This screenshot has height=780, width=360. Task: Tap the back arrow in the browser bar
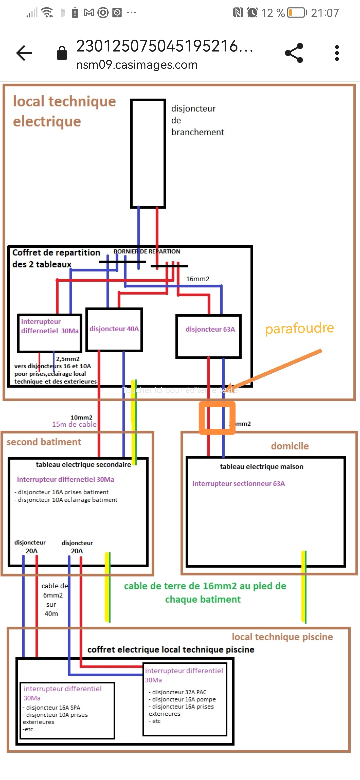coord(24,53)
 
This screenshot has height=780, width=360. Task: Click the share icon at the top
coord(294,53)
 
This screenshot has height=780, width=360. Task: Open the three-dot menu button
coord(337,53)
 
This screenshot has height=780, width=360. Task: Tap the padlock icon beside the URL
coord(62,53)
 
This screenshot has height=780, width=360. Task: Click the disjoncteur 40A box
coord(114,329)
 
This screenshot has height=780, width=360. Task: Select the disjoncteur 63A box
coord(209,336)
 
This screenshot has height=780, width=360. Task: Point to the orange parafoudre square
coord(217,418)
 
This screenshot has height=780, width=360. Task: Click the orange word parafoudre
coord(299,328)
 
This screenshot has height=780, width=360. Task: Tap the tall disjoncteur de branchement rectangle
coord(148,153)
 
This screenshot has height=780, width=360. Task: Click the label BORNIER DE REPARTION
coord(147,251)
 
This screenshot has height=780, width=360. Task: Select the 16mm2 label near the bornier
coord(198,279)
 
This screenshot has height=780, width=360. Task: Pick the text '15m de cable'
coord(74,424)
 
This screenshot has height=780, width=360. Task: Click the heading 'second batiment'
coord(44,442)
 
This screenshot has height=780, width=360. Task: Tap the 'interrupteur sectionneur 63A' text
coord(239,484)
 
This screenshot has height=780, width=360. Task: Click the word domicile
coord(290,446)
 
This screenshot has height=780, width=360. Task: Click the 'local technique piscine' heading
coord(282,637)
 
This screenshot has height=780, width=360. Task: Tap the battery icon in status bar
coord(297,13)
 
